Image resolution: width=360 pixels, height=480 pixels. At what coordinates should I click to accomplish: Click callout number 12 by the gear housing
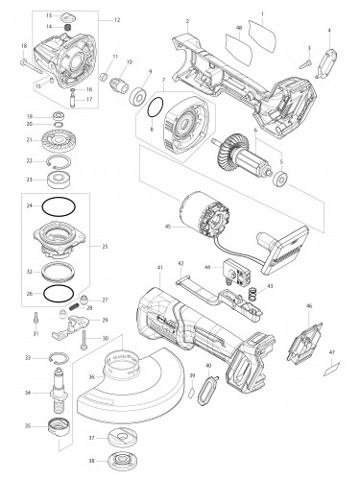pyautogui.click(x=117, y=20)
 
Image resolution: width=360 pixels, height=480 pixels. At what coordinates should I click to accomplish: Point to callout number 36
pyautogui.click(x=91, y=376)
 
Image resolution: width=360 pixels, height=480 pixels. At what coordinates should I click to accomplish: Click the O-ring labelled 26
pyautogui.click(x=62, y=293)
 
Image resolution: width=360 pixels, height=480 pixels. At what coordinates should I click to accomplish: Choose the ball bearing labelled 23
pyautogui.click(x=67, y=180)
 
